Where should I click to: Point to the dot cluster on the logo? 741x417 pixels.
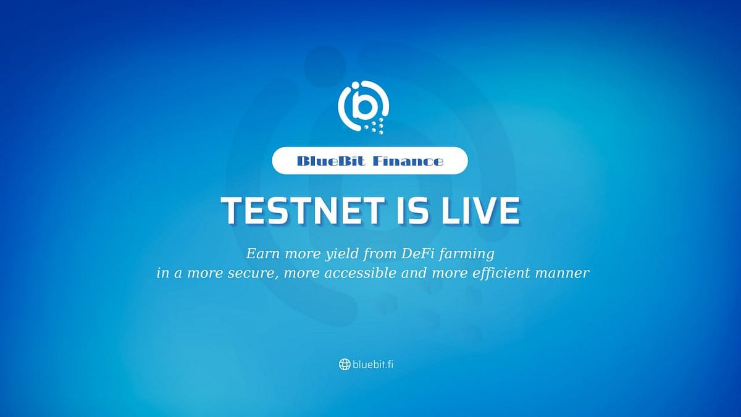tap(376, 126)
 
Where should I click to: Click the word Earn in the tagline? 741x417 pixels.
tap(260, 253)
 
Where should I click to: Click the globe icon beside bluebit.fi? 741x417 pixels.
tap(345, 364)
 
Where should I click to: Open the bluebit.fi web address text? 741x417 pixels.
tap(374, 364)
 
